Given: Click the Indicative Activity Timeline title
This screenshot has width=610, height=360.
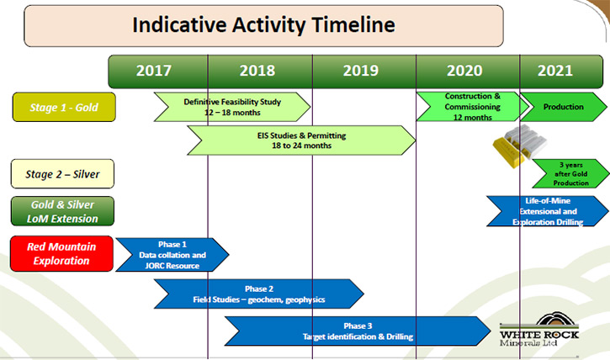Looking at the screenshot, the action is [263, 26].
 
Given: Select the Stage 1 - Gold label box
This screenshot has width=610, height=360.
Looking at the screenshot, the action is [64, 107].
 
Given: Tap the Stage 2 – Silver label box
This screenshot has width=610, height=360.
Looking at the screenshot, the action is [62, 174].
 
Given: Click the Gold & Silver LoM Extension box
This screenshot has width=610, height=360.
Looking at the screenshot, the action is [62, 211].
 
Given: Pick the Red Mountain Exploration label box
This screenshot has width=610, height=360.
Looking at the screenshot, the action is [61, 253].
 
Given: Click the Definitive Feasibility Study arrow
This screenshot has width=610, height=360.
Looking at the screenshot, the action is [232, 107].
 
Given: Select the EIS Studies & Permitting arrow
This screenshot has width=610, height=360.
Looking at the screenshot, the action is [301, 140].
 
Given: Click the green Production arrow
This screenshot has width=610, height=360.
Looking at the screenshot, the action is [564, 107].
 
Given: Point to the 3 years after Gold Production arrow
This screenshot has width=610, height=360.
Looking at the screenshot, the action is [570, 173].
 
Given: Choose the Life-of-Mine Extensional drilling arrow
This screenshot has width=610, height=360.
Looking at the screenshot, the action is [548, 211].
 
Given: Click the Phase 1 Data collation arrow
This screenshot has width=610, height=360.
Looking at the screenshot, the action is [172, 255].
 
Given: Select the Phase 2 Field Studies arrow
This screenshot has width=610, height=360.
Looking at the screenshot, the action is [259, 294].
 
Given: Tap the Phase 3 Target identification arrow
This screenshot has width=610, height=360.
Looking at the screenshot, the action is [358, 331].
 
